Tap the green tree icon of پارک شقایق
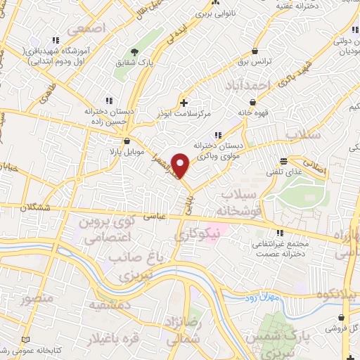click(136, 52)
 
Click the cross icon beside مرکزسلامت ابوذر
click(184, 103)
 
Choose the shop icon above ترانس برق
click(255, 51)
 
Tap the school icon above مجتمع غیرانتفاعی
click(280, 233)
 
